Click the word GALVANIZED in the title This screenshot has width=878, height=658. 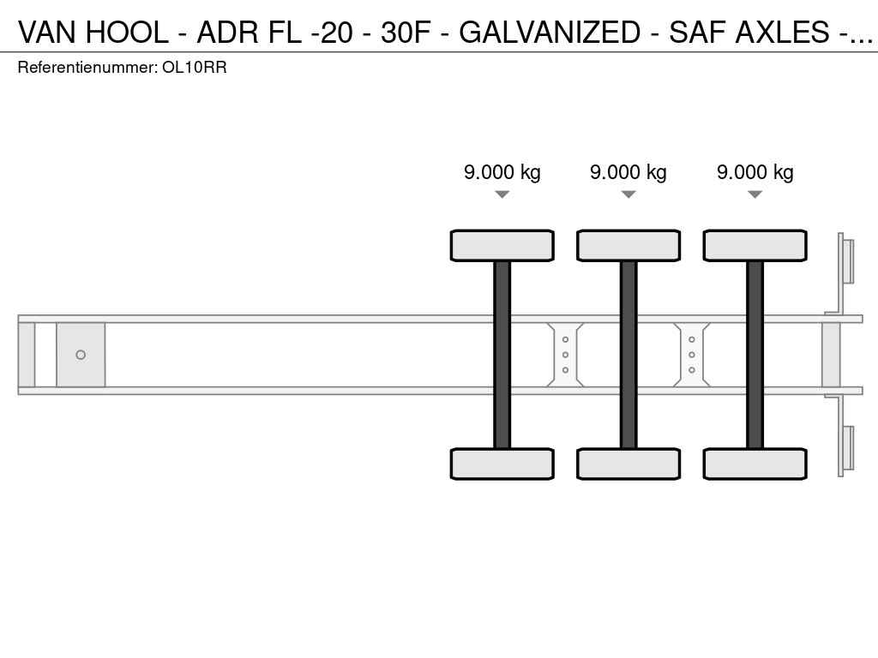point(550,32)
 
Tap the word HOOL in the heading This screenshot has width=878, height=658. point(128,32)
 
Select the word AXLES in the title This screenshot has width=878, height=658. point(782,32)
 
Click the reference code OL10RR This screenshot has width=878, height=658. point(195,68)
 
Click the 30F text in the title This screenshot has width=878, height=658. point(406,32)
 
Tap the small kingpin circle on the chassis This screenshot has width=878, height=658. point(81,355)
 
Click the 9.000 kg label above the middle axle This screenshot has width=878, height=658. point(628,171)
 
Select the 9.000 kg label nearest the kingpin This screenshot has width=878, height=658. point(502,171)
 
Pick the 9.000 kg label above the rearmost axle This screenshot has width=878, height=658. point(755,171)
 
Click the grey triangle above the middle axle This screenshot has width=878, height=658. point(628,194)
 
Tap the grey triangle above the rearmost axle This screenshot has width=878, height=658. point(755,194)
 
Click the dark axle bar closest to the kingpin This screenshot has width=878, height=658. point(502,355)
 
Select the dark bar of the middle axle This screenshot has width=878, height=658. point(628,355)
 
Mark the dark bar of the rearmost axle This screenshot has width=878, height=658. point(755,355)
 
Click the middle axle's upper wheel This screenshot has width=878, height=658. point(628,246)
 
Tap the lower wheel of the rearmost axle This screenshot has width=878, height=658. point(755,464)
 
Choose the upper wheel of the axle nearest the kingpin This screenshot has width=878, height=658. point(502,246)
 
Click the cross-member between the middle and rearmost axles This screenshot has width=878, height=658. point(692,355)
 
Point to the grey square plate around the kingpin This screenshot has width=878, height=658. point(81,355)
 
